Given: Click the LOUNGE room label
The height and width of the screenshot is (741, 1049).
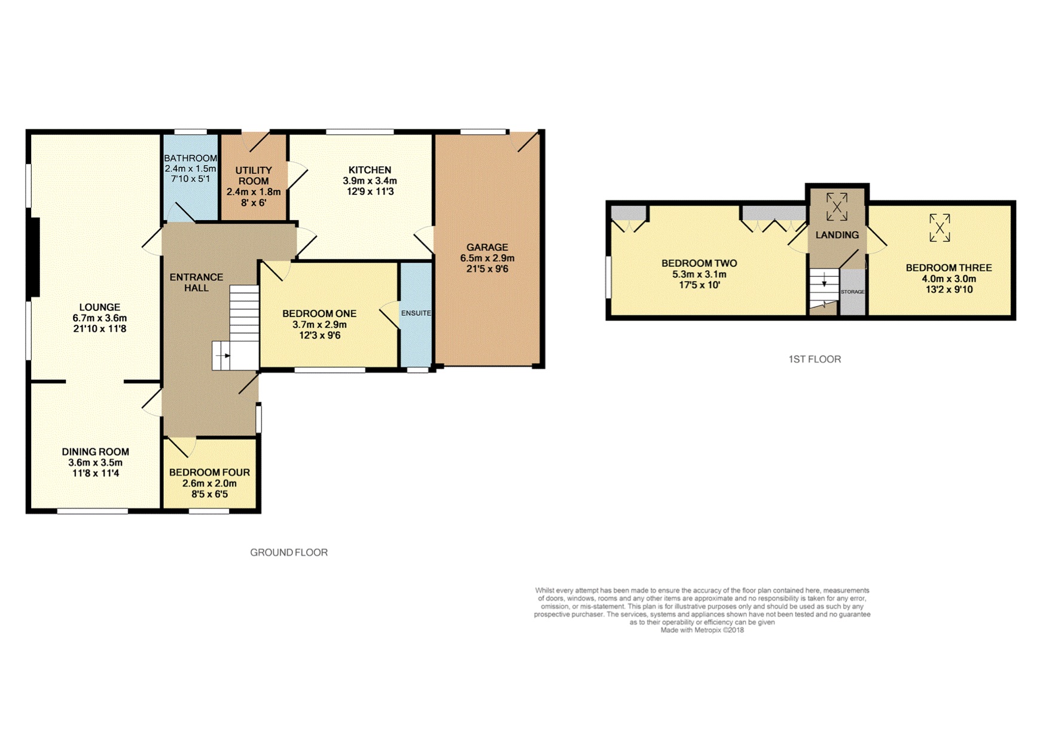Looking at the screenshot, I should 100,307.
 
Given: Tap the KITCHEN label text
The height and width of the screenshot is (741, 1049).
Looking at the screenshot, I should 370,170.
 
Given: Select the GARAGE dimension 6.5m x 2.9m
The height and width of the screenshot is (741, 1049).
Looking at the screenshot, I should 487,258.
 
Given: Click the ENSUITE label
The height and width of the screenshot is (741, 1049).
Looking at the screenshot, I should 416,313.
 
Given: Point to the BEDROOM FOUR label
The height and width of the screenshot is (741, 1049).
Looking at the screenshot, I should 209,472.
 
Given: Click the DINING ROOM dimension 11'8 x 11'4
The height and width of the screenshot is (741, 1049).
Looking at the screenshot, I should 96,474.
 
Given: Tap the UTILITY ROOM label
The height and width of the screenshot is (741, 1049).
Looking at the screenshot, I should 254,176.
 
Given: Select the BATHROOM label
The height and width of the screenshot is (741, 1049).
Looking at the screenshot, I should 190,158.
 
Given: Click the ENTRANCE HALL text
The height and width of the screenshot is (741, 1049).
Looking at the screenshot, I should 196,282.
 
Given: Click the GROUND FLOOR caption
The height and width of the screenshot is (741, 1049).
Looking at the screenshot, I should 289,553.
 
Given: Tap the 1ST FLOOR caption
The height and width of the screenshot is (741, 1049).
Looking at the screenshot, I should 815,359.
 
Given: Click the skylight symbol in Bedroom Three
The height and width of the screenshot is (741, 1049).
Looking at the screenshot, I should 940,228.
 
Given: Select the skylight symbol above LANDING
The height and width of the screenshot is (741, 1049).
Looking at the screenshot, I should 837,207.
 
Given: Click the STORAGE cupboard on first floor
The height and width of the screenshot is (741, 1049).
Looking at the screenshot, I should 853,292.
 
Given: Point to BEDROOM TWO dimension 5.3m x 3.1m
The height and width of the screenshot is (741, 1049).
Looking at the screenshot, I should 699,275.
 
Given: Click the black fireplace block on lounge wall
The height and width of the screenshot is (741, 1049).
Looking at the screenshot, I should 35,258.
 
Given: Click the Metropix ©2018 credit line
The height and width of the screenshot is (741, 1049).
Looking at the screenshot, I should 702,630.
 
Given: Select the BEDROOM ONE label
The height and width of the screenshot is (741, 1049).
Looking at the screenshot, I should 319,313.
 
